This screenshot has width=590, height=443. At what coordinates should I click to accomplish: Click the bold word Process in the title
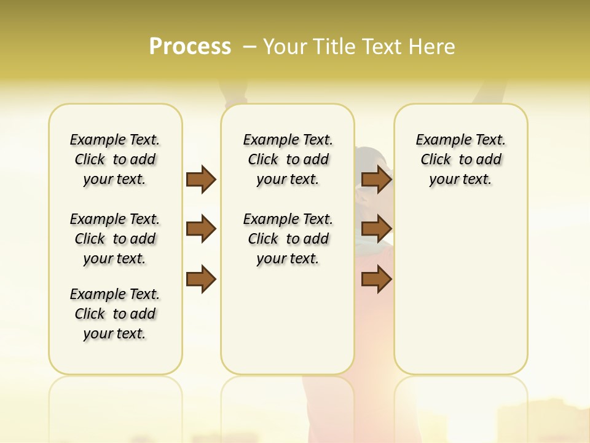[x=190, y=46]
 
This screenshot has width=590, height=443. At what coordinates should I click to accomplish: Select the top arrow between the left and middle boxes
[x=201, y=179]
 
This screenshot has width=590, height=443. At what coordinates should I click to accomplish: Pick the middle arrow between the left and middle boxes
[x=201, y=229]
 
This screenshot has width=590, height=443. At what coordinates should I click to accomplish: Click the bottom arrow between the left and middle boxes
[x=201, y=279]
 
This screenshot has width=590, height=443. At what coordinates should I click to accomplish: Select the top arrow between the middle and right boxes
[x=376, y=179]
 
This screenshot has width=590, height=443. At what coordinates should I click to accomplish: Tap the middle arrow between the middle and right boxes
[x=376, y=229]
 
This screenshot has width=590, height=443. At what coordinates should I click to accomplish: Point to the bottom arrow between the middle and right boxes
[x=376, y=279]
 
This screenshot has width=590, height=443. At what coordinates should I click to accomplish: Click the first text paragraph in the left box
[x=115, y=159]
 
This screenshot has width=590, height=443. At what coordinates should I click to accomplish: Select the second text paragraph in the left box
[x=115, y=239]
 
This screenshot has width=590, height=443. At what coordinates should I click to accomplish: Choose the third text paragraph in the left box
[x=115, y=314]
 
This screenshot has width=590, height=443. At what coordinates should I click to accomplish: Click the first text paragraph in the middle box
[x=288, y=159]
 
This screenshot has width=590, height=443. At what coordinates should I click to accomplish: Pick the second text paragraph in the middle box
[x=288, y=239]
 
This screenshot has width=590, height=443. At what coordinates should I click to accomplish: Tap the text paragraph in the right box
[x=461, y=159]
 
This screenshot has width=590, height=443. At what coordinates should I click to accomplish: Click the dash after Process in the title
[x=250, y=46]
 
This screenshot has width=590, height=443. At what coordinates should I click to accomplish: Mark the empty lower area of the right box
[x=461, y=289]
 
